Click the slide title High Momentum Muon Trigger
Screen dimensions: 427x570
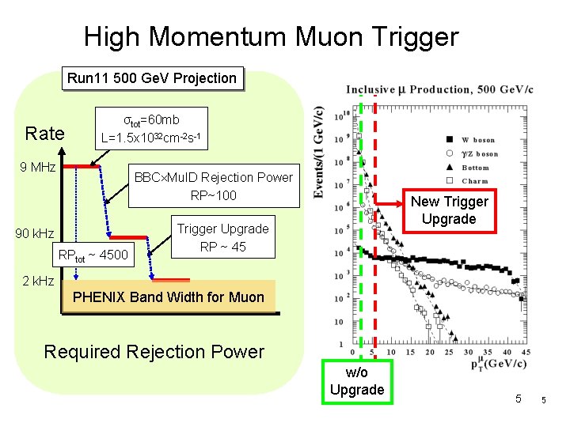pyautogui.click(x=271, y=36)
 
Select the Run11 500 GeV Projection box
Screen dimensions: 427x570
pyautogui.click(x=152, y=78)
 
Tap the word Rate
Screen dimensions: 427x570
pyautogui.click(x=45, y=134)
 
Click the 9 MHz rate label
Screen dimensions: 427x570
pyautogui.click(x=38, y=167)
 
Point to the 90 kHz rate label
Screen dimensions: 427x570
pyautogui.click(x=36, y=233)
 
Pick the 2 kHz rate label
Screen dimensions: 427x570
pyautogui.click(x=38, y=281)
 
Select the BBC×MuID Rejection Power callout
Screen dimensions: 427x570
pyautogui.click(x=213, y=186)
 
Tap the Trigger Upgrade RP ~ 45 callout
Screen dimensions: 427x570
pyautogui.click(x=222, y=237)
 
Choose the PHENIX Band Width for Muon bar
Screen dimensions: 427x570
pyautogui.click(x=169, y=298)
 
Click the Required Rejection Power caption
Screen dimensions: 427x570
pyautogui.click(x=154, y=352)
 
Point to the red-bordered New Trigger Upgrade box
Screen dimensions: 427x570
pyautogui.click(x=449, y=210)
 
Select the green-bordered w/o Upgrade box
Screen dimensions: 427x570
pyautogui.click(x=357, y=381)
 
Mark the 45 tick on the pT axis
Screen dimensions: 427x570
pyautogui.click(x=527, y=353)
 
